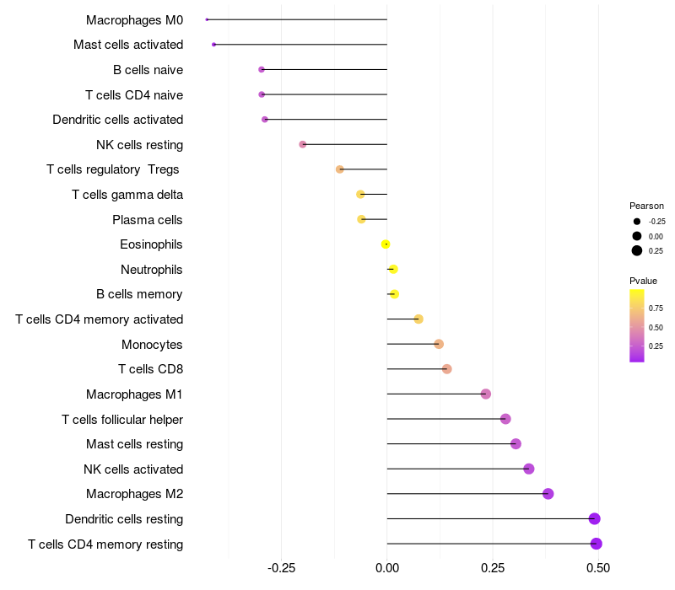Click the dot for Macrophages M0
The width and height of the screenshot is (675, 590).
point(207,19)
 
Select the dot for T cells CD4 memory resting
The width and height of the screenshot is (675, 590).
point(596,544)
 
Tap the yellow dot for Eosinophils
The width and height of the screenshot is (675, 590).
point(386,244)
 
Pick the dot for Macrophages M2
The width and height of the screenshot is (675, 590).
point(548,494)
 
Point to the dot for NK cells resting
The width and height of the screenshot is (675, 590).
point(303,144)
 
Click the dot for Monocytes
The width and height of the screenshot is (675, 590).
point(439,344)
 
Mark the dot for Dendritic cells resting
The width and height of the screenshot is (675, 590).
point(594,518)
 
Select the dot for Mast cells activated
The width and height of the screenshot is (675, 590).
point(214,45)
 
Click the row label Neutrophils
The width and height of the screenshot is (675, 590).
point(152,270)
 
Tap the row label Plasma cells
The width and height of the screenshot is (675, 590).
point(148,220)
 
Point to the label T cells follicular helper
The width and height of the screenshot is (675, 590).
point(122,419)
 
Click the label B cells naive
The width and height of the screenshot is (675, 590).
point(148,69)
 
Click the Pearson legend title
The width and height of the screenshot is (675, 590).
point(646,206)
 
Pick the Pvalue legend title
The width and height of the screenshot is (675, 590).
point(643,281)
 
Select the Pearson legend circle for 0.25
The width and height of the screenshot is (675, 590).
point(637,250)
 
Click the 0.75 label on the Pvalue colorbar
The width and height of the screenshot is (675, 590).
point(656,308)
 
